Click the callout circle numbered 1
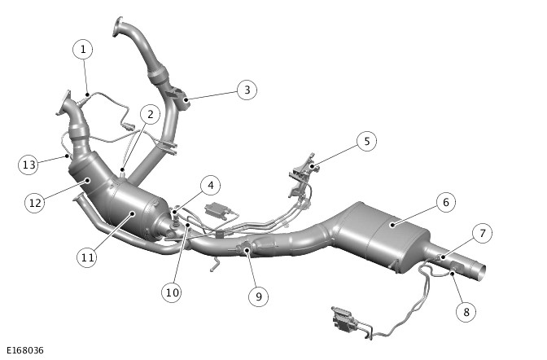pyautogui.click(x=83, y=49)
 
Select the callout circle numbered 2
pyautogui.click(x=150, y=114)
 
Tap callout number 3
pyautogui.click(x=247, y=90)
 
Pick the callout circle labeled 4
pyautogui.click(x=210, y=186)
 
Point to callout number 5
pyautogui.click(x=366, y=142)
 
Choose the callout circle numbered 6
pyautogui.click(x=445, y=202)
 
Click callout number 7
pyautogui.click(x=483, y=233)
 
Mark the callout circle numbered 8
pyautogui.click(x=466, y=312)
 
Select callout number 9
pyautogui.click(x=259, y=296)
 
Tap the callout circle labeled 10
pyautogui.click(x=172, y=292)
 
